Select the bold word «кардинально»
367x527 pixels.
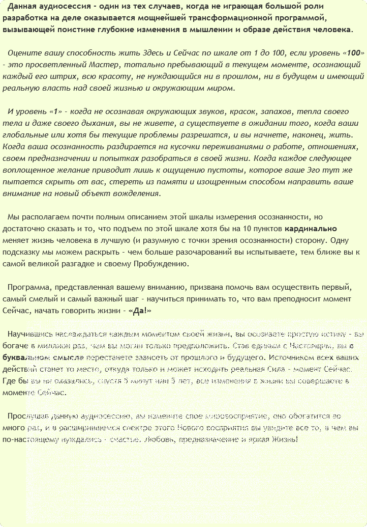311,229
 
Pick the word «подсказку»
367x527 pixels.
19,253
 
